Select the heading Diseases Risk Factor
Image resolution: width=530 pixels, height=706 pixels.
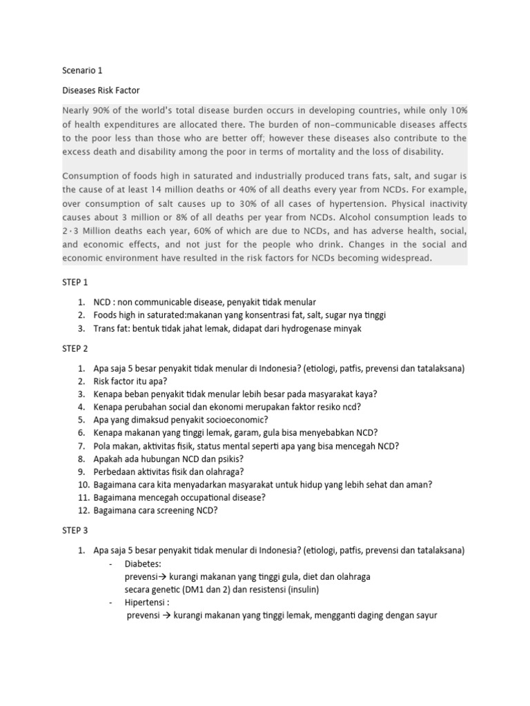pos(101,90)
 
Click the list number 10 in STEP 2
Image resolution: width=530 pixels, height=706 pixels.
pos(82,485)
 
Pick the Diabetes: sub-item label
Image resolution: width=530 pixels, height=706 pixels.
pos(144,563)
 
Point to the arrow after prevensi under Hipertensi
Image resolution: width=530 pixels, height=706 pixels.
pos(166,615)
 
